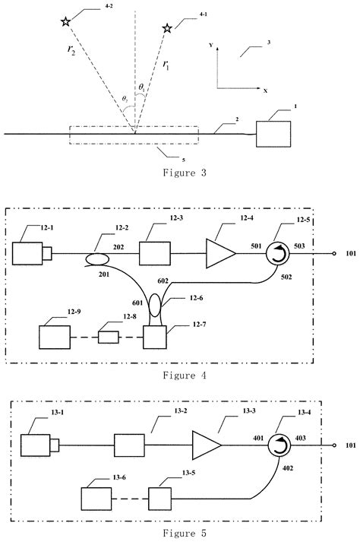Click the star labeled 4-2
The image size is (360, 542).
click(66, 22)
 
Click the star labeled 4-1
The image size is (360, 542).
click(167, 28)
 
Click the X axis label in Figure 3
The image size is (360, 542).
click(264, 90)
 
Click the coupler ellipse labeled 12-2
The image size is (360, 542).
click(99, 259)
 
